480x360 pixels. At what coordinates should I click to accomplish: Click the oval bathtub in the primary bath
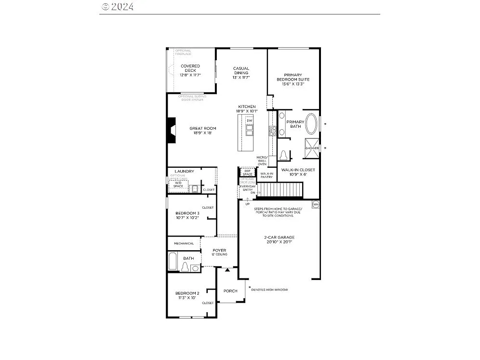click(312, 124)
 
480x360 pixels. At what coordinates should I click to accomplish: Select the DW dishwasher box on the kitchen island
click(249, 120)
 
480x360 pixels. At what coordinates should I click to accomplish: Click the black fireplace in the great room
click(170, 131)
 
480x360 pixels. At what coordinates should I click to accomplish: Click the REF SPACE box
click(248, 172)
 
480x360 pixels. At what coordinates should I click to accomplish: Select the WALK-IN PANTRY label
click(267, 175)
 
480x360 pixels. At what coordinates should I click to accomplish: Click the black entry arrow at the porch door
click(228, 271)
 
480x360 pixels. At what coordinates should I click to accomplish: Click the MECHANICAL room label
click(184, 243)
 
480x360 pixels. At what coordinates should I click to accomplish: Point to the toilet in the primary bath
click(284, 155)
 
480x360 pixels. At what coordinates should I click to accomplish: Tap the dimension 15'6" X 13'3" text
click(293, 84)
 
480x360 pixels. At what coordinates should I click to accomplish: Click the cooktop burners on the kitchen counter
click(272, 131)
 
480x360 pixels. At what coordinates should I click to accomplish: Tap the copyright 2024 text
click(118, 7)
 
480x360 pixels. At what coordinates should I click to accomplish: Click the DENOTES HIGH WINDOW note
click(269, 290)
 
